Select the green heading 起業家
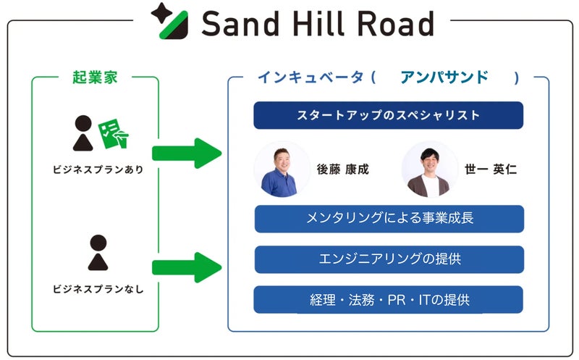[94, 78]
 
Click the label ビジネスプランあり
[98, 170]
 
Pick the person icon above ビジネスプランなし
[98, 253]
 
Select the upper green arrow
[185, 153]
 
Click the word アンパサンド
[444, 78]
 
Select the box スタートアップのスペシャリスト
[388, 115]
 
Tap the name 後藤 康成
[342, 170]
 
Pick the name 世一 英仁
[490, 170]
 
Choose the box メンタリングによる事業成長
[389, 219]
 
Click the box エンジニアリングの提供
[389, 259]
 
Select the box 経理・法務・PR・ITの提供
[389, 299]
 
